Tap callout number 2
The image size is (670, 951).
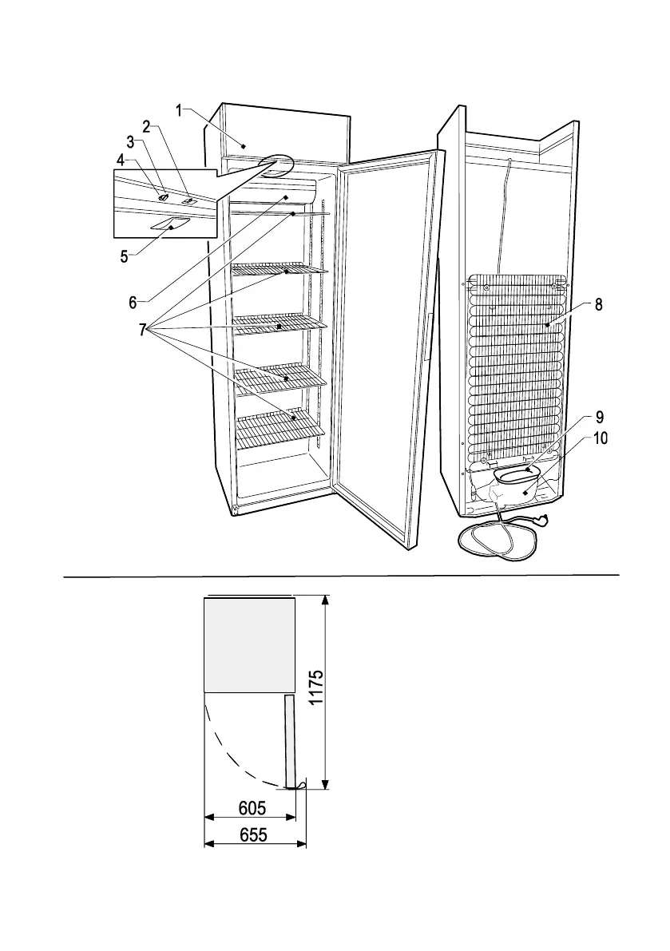tap(147, 126)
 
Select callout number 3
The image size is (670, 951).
tap(129, 142)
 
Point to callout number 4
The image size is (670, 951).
tap(121, 160)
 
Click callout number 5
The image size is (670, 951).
tap(124, 256)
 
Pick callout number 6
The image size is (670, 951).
tap(133, 302)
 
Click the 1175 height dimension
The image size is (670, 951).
tap(316, 688)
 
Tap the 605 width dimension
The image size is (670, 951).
tap(252, 808)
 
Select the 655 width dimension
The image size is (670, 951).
tap(252, 834)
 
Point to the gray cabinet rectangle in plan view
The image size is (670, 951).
tap(250, 645)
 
